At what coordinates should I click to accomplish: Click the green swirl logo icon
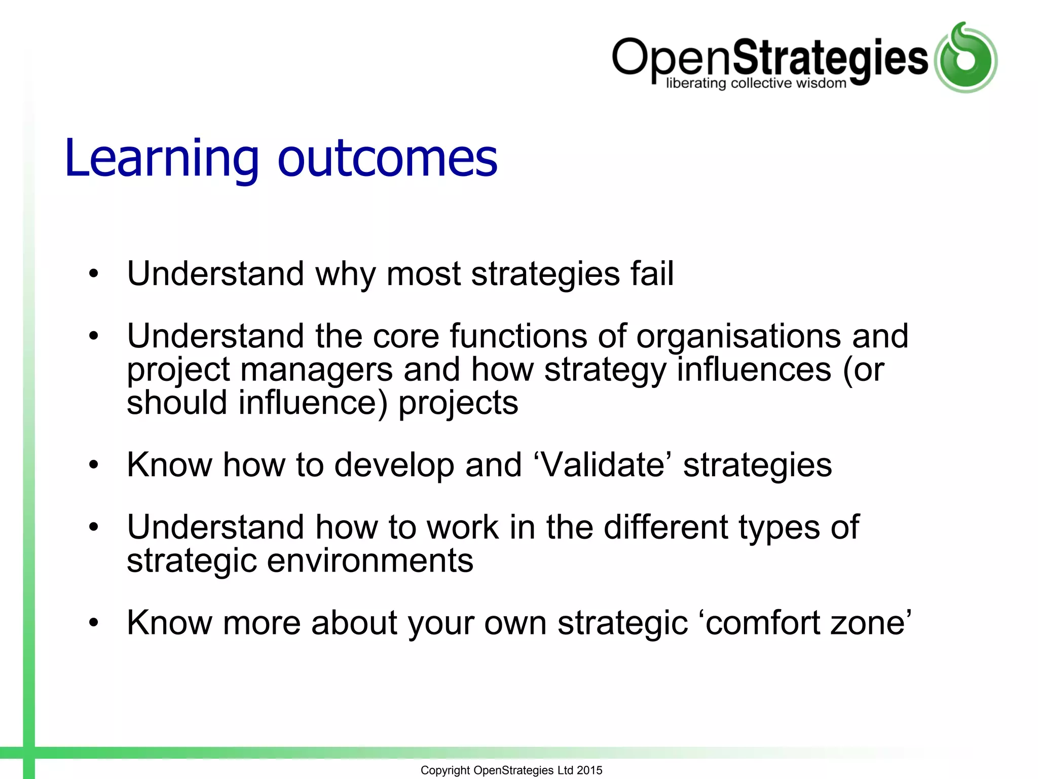point(966,58)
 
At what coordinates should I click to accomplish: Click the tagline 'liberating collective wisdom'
point(756,83)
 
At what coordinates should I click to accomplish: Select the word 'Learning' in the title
point(162,158)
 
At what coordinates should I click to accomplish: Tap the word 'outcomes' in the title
point(388,158)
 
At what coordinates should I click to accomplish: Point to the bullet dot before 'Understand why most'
point(93,274)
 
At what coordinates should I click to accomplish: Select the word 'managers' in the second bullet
point(316,370)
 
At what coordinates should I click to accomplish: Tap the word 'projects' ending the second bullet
point(458,404)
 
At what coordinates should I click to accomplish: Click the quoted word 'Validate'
point(604,465)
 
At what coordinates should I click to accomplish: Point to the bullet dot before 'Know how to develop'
point(93,465)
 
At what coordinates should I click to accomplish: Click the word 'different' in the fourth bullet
point(665,527)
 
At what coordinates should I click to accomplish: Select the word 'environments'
point(370,561)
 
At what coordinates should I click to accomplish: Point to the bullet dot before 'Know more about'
point(93,623)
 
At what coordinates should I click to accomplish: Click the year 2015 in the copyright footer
point(589,770)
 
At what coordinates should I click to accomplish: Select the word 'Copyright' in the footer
point(445,770)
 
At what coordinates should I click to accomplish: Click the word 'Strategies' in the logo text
point(830,58)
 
